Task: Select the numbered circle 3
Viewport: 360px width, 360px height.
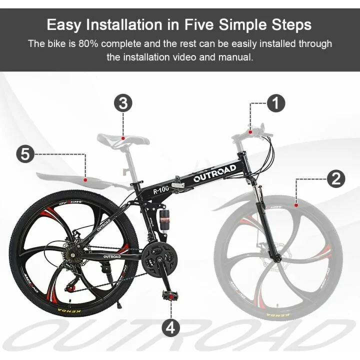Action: click(123, 103)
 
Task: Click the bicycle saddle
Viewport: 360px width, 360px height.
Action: click(123, 138)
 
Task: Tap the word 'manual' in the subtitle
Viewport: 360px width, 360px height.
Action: click(234, 57)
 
